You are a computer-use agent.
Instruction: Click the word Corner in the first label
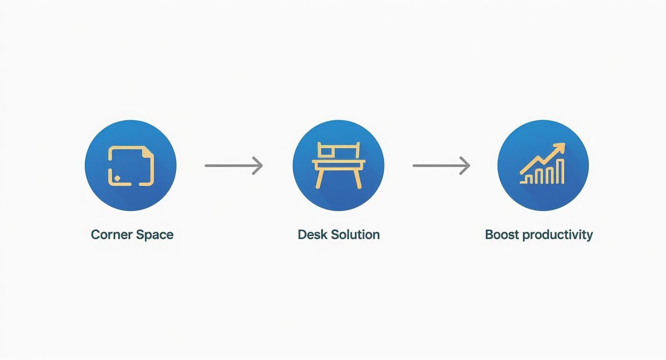click(111, 235)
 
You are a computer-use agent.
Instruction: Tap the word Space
click(154, 235)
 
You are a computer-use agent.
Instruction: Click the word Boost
click(502, 235)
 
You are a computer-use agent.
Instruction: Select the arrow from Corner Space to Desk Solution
click(233, 166)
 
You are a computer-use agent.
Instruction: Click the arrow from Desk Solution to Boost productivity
click(441, 166)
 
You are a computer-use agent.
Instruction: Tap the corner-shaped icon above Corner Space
click(131, 166)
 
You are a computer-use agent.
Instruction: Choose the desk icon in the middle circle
click(338, 165)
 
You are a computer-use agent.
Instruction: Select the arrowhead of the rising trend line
click(560, 147)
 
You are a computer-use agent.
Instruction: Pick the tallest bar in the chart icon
click(562, 171)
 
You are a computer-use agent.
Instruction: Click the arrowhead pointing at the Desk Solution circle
click(259, 166)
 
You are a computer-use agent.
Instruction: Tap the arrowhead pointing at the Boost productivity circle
click(466, 166)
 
